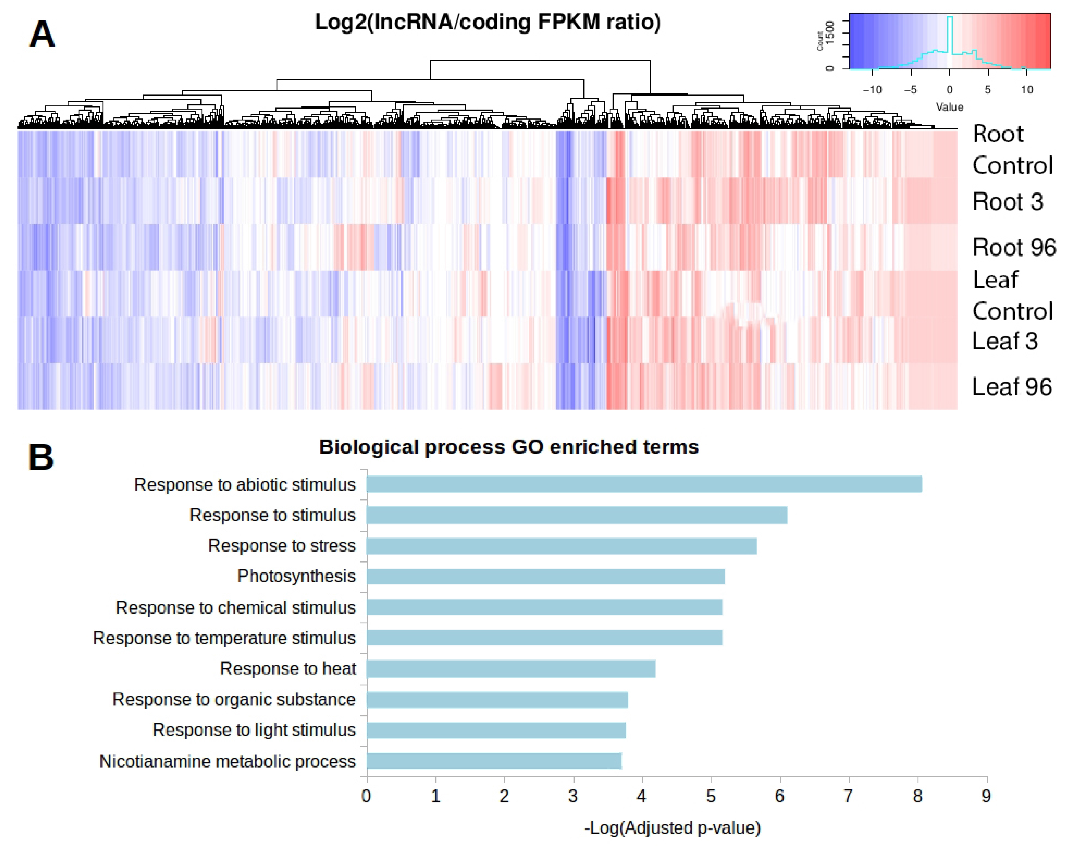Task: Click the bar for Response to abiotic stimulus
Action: tap(644, 484)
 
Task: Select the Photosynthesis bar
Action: tap(545, 576)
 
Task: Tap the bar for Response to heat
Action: tap(511, 669)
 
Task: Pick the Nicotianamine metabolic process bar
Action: tap(494, 761)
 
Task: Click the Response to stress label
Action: tap(282, 545)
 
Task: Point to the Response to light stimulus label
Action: tap(254, 730)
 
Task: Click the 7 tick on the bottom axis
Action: tap(848, 796)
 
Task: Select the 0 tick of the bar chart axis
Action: tap(366, 796)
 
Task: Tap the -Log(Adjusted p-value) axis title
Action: tap(672, 828)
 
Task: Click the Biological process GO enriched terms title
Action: tap(509, 447)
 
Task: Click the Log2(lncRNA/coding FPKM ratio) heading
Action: tap(488, 22)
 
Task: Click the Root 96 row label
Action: tap(1014, 247)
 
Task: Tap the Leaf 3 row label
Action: tap(1005, 341)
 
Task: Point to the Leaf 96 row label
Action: tap(1011, 387)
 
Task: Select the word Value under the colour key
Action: tap(949, 107)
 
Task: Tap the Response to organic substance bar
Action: tap(497, 699)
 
